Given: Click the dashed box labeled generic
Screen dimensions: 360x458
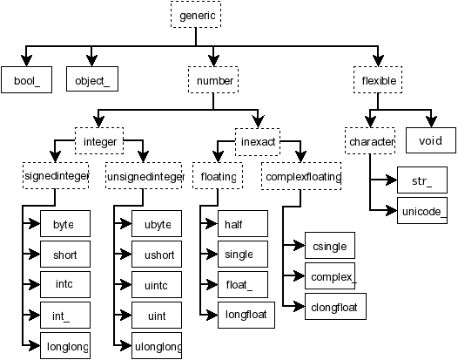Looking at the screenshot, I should click(x=196, y=16).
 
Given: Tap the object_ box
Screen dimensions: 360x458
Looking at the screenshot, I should click(x=91, y=80).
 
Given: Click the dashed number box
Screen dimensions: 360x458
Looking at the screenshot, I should click(x=213, y=80).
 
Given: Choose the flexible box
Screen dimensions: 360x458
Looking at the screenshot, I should click(x=379, y=80).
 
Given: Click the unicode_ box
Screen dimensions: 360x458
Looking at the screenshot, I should click(x=423, y=210).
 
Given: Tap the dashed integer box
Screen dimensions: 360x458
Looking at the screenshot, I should click(x=100, y=141).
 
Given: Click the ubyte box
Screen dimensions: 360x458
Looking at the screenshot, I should click(x=157, y=224).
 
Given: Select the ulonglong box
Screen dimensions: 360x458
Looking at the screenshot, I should click(x=157, y=346).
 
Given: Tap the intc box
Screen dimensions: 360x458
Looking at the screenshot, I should click(x=64, y=285).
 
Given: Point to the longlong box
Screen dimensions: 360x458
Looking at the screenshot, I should click(x=65, y=346).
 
